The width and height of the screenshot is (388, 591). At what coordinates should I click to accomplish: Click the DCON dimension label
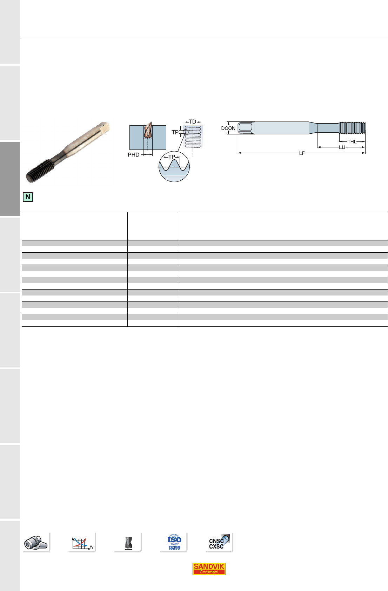tap(228, 128)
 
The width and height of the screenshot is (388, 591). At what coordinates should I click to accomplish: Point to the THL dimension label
tap(352, 142)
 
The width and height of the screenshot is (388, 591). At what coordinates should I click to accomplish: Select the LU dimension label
tap(342, 147)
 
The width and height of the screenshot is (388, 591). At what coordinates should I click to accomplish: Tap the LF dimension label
tap(302, 153)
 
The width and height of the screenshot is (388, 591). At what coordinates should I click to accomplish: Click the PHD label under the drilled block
tap(133, 155)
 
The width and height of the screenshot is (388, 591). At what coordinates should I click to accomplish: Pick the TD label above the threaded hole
tap(193, 122)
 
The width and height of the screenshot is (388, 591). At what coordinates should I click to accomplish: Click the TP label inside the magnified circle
tap(172, 157)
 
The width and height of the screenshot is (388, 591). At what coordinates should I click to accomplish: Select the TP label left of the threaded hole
tap(175, 132)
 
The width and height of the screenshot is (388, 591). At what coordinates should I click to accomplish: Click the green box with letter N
tap(28, 197)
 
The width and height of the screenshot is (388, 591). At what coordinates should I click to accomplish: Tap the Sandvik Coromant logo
tap(209, 569)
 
